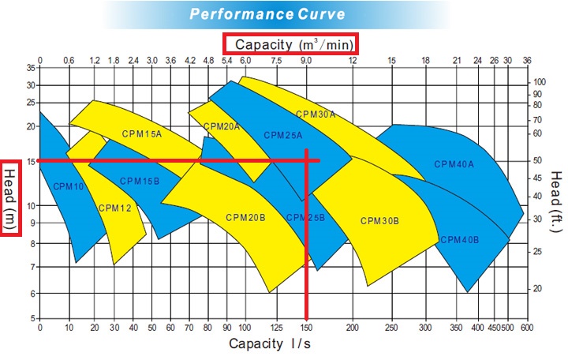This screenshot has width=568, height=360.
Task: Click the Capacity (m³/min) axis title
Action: (292, 43)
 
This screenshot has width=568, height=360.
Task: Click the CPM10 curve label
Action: (68, 186)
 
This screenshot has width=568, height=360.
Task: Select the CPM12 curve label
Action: (114, 208)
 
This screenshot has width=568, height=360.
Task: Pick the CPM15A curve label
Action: (141, 133)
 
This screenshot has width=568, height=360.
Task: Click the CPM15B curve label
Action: (140, 181)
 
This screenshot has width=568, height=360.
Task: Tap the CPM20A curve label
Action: (222, 126)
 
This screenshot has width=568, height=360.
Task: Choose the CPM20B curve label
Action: (245, 217)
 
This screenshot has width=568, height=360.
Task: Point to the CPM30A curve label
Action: (316, 114)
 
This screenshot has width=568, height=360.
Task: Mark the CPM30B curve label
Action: (379, 220)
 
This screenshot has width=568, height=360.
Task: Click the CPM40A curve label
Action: (454, 164)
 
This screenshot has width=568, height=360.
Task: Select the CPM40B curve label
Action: (460, 239)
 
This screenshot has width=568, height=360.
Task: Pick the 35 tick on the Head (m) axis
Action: (31, 69)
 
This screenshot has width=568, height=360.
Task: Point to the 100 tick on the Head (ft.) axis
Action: (540, 82)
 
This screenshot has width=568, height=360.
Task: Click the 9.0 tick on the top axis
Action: (306, 60)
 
